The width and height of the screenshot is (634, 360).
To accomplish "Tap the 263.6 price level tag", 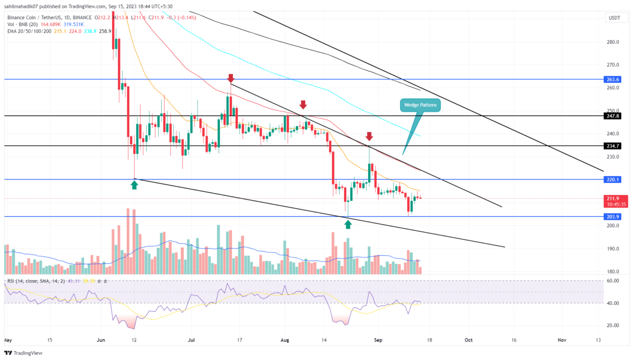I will pos(613,79).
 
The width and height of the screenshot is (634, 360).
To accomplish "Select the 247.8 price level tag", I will pos(613,115).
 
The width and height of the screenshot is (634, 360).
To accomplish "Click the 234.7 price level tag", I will pos(613,145).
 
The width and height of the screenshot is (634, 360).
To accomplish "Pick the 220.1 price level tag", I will pos(613,179).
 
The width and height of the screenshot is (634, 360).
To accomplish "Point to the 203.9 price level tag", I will pos(613,217).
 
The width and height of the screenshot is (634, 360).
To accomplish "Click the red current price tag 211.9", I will pos(613,199).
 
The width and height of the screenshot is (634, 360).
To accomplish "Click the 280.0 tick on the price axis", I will pos(613,42).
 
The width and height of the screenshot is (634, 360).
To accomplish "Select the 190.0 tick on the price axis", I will pos(613,249).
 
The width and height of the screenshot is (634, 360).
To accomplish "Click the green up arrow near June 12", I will pos(134,184).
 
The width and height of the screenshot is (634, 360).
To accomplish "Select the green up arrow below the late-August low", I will pos(348,224).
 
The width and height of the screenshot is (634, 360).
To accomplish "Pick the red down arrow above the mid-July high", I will pos(230,79).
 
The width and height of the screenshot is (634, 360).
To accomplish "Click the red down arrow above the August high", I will pos(303,104).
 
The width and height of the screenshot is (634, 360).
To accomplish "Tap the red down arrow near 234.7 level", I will pos(369,136).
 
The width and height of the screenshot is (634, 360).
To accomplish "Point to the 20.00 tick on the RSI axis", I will pos(612,326).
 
